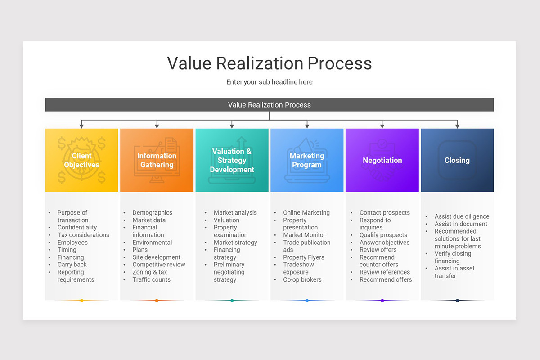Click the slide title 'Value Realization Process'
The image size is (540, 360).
(270, 63)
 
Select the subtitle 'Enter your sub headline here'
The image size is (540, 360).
(270, 82)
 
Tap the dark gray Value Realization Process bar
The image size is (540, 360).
(270, 105)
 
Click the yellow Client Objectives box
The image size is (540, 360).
(81, 160)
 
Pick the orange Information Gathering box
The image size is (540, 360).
(157, 160)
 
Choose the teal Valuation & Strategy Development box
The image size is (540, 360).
(232, 160)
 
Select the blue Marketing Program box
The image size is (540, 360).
(307, 160)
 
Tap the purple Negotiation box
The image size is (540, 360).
(382, 160)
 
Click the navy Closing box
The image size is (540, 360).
(457, 160)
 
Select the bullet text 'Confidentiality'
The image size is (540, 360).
(77, 228)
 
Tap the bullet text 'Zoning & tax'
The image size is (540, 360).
(150, 272)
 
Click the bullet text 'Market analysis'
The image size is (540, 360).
(235, 213)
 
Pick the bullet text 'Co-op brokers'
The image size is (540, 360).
(302, 279)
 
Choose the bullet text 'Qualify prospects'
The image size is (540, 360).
(383, 235)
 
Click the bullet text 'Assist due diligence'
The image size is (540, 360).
(462, 216)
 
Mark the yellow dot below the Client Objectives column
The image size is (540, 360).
(81, 300)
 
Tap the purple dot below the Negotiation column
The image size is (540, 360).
(382, 300)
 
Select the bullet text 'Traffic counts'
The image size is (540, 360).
(152, 279)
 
